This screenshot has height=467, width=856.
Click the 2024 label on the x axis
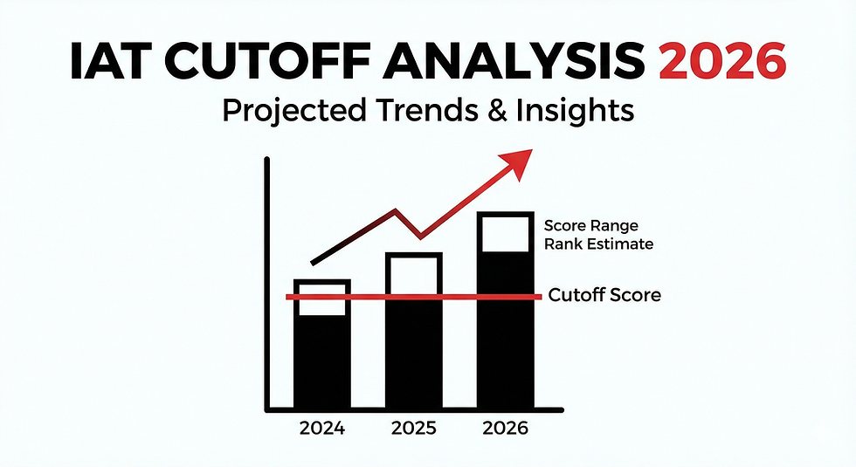coord(322,429)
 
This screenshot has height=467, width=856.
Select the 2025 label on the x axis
coord(415,429)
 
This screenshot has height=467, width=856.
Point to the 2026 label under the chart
coord(504,429)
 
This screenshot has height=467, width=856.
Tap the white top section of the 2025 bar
coord(415,274)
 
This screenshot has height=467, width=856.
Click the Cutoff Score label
coord(604,295)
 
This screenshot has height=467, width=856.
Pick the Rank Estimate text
coord(598,244)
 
